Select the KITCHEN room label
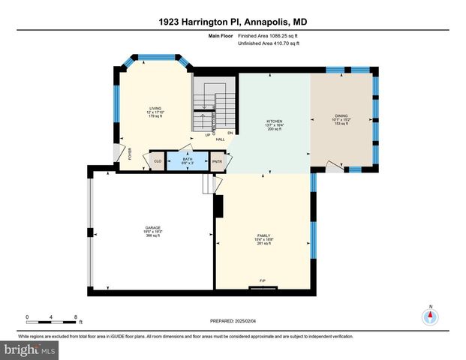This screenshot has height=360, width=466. (x=274, y=124)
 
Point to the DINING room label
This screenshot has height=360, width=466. (x=341, y=119)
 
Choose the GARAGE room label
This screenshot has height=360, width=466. (x=153, y=231)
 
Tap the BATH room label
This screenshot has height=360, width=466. (x=188, y=160)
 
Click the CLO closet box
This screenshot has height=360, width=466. (x=158, y=160)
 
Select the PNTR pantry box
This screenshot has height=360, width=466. (x=218, y=160)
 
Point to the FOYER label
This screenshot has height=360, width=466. (x=130, y=154)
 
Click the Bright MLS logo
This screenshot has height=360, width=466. (x=30, y=349)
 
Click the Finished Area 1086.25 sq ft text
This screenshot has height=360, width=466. (x=269, y=35)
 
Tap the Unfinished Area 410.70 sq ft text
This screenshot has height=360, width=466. (x=269, y=43)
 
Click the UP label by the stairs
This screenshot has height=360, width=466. (x=196, y=134)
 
